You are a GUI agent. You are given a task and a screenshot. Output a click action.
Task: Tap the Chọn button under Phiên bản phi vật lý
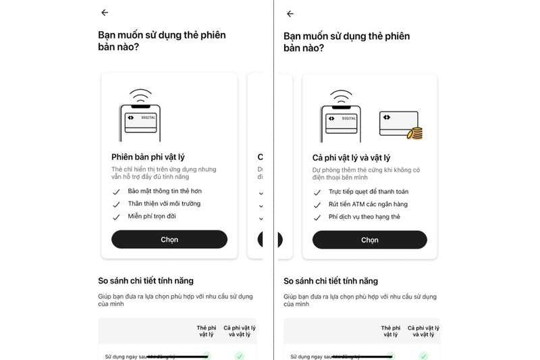pyautogui.click(x=169, y=240)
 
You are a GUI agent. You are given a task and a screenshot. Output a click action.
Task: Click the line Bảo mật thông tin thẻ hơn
pyautogui.click(x=165, y=191)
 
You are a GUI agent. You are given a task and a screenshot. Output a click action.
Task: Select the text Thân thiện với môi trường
pyautogui.click(x=164, y=204)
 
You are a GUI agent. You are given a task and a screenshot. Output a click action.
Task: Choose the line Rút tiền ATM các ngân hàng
pyautogui.click(x=368, y=205)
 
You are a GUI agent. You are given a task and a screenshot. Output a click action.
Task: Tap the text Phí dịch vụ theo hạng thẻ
pyautogui.click(x=364, y=217)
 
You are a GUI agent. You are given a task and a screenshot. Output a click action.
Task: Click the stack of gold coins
pyautogui.click(x=415, y=133)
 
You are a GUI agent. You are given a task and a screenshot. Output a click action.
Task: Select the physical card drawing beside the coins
pyautogui.click(x=397, y=122)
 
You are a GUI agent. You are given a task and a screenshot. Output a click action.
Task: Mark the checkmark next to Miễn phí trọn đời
pyautogui.click(x=116, y=217)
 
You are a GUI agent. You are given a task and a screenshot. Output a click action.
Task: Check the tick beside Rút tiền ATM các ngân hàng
pyautogui.click(x=317, y=205)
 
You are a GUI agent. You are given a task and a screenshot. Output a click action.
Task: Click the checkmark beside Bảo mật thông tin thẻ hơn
pyautogui.click(x=116, y=191)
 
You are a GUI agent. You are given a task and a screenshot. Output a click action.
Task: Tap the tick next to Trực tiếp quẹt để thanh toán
pyautogui.click(x=317, y=192)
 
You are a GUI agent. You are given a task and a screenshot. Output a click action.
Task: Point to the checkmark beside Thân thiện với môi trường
pyautogui.click(x=116, y=204)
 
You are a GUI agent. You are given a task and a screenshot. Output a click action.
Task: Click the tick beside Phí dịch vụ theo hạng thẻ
pyautogui.click(x=317, y=217)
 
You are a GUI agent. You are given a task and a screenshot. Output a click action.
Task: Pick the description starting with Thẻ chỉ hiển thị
pyautogui.click(x=164, y=174)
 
